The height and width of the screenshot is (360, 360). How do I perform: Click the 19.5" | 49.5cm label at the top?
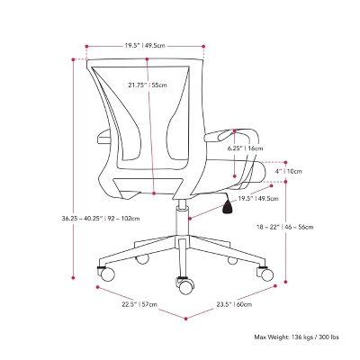click(x=145, y=44)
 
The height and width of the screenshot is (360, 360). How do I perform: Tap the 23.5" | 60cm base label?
click(x=231, y=304)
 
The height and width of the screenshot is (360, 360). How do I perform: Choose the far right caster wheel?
click(x=266, y=270)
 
